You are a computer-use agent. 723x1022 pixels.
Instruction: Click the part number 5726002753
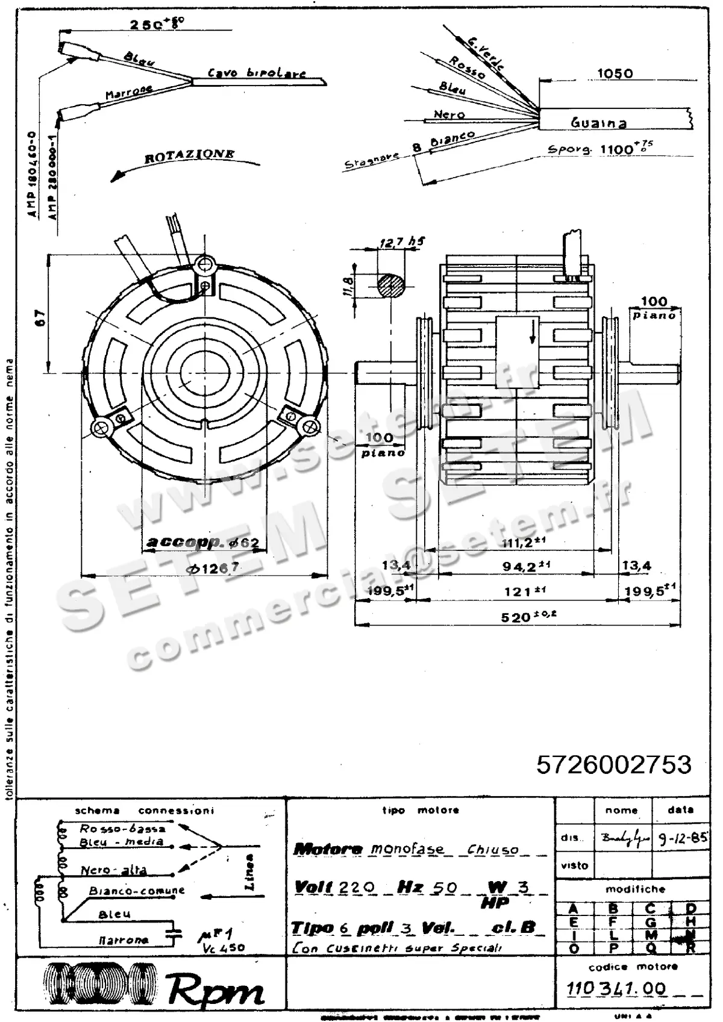(x=613, y=765)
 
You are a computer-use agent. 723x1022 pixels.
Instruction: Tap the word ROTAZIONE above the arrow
(x=189, y=156)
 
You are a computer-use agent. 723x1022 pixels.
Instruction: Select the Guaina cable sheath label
(x=599, y=123)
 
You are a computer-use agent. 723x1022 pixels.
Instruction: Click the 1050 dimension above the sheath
(x=615, y=73)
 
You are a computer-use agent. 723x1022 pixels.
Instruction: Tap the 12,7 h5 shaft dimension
(x=402, y=242)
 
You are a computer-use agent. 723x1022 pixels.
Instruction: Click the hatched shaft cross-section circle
(x=392, y=285)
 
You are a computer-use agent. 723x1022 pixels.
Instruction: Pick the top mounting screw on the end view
(x=205, y=263)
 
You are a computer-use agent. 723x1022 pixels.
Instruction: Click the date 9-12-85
(x=682, y=839)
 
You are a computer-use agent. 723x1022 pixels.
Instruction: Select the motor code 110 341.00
(x=616, y=989)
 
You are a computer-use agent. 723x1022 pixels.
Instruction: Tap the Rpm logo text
(x=215, y=991)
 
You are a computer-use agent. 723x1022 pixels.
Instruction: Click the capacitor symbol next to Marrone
(x=176, y=933)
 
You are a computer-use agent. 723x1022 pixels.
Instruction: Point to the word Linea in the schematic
(x=250, y=872)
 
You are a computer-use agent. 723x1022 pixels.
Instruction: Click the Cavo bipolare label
(x=257, y=73)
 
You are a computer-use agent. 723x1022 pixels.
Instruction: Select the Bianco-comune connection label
(x=136, y=891)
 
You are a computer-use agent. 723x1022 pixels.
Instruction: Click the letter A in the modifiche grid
(x=574, y=908)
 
